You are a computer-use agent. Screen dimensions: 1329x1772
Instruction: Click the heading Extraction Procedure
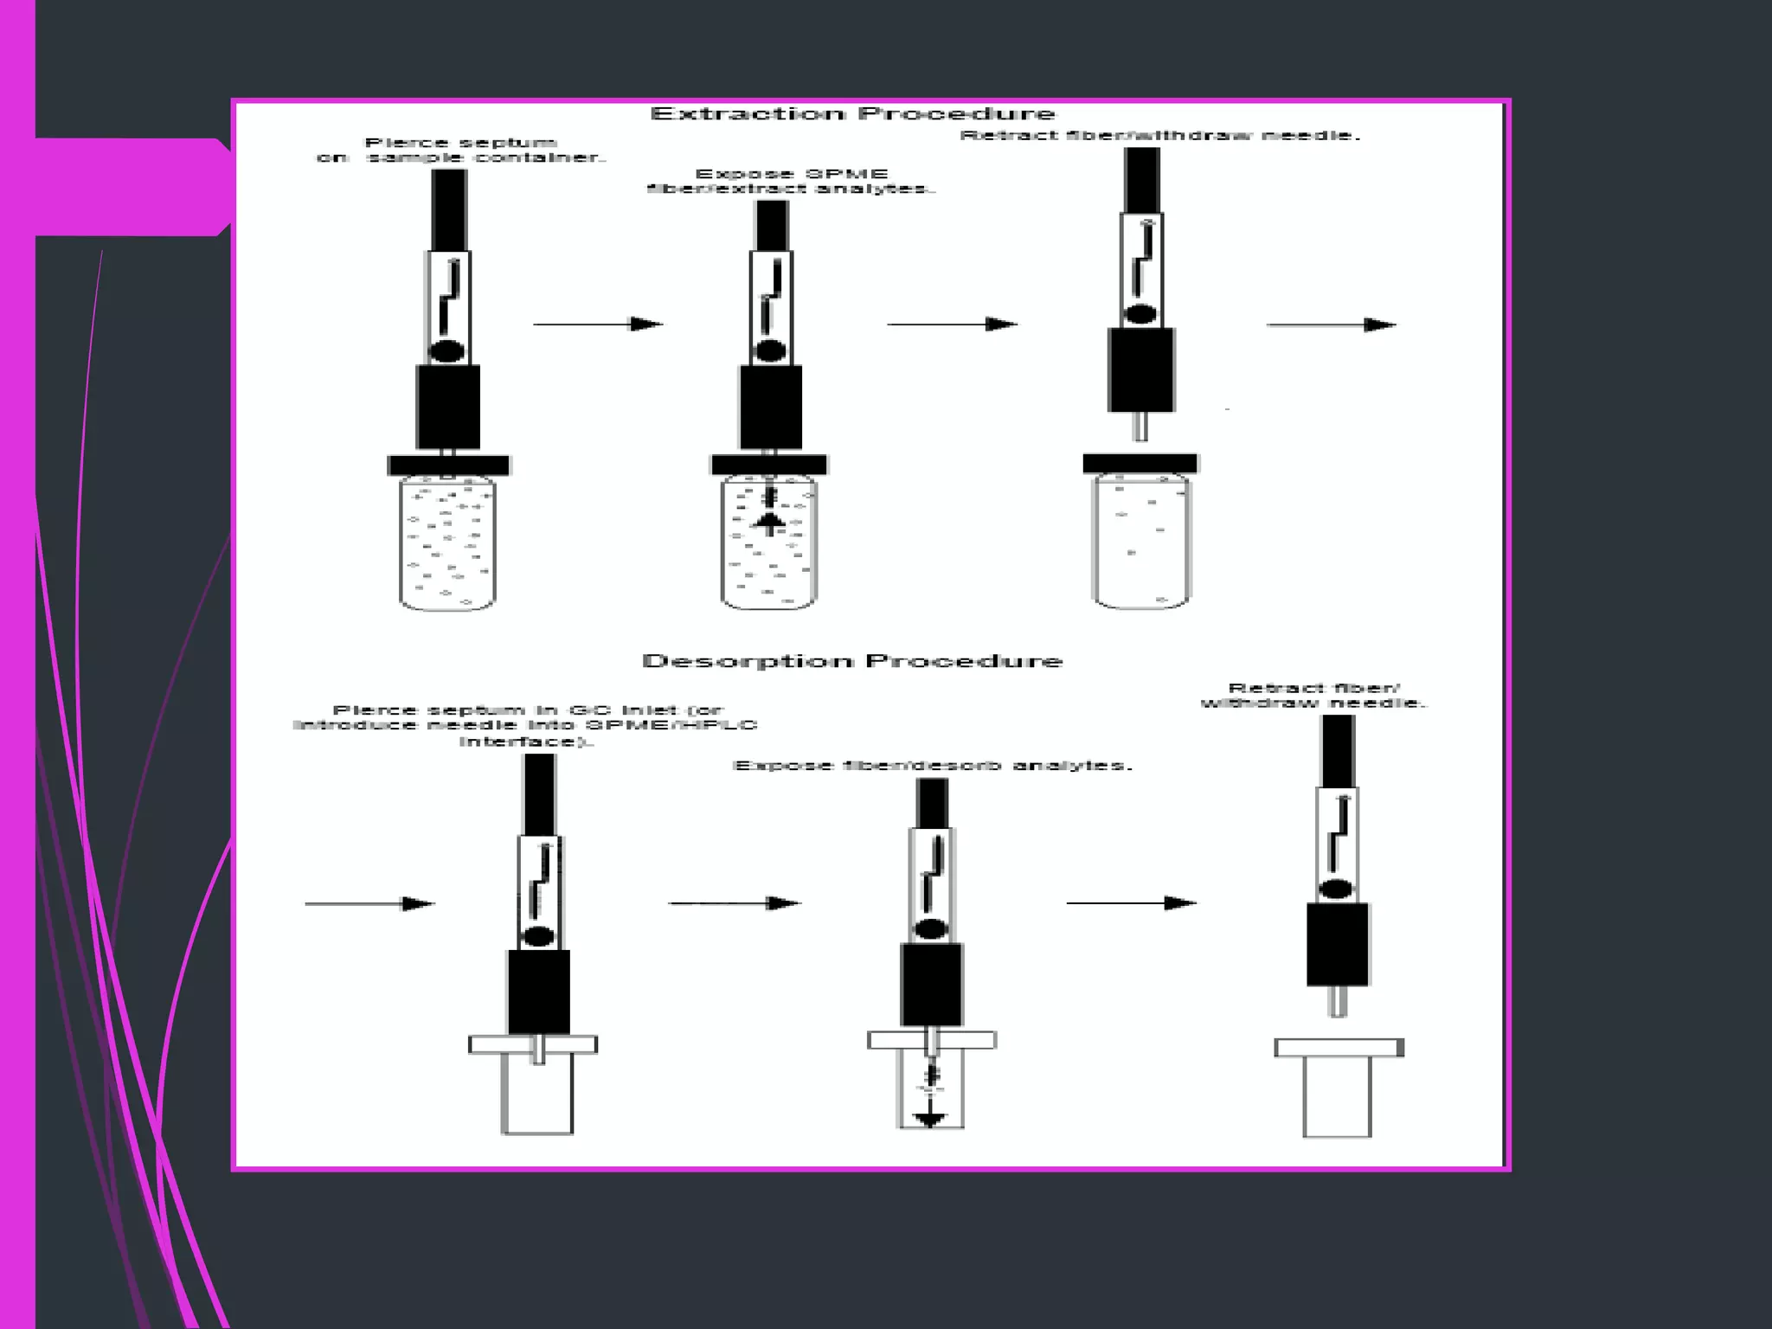(852, 114)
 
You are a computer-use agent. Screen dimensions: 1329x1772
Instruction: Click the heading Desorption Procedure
(852, 662)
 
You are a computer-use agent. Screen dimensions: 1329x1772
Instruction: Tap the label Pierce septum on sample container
(461, 150)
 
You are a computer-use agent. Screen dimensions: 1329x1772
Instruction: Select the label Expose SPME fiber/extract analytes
(791, 181)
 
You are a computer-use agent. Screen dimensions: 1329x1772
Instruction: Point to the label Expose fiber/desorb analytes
(932, 766)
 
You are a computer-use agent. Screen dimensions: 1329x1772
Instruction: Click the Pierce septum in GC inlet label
(525, 725)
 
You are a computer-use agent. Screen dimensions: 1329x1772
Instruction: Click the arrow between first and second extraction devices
(597, 324)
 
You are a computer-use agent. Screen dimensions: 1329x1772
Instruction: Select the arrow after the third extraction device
(1331, 324)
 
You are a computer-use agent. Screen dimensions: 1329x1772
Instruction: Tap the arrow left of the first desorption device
(369, 903)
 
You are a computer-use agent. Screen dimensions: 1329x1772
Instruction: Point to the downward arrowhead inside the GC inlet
(930, 1119)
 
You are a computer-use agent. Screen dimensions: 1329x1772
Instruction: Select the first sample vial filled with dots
(447, 545)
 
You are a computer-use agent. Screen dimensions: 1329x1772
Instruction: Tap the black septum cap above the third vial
(1140, 464)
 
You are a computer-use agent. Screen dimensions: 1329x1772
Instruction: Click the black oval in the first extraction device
(447, 351)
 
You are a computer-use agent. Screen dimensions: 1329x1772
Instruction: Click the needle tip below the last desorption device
(1338, 1002)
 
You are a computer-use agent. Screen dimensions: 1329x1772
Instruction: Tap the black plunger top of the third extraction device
(1142, 180)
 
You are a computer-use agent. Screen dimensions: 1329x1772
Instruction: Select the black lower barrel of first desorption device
(538, 992)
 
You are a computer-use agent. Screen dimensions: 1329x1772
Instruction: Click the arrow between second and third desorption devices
(1130, 903)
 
